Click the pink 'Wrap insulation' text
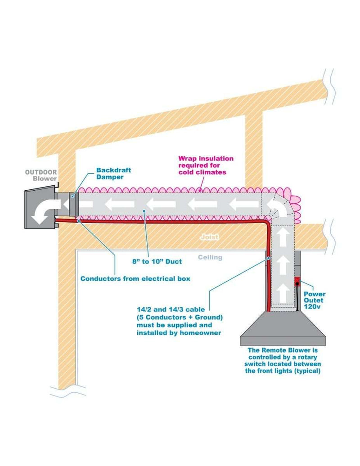pyautogui.click(x=206, y=158)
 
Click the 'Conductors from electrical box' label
pyautogui.click(x=135, y=278)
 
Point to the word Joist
pyautogui.click(x=209, y=237)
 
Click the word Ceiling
pyautogui.click(x=210, y=257)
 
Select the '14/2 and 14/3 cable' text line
pyautogui.click(x=171, y=309)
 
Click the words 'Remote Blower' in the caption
pyautogui.click(x=283, y=349)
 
